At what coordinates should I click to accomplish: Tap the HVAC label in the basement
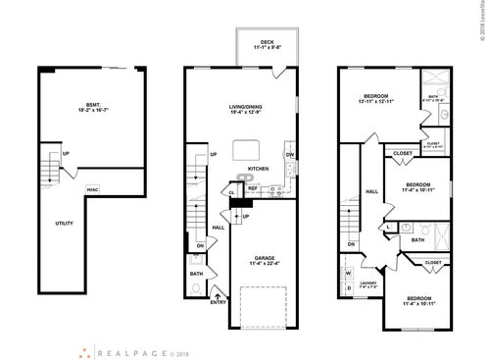coord(93,189)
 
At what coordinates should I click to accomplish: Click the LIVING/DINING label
coord(247,109)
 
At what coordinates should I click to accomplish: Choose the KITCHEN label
coord(246,168)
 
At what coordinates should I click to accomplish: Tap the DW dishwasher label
coord(290,155)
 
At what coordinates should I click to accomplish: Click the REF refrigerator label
coord(252,188)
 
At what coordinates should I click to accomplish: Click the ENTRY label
coord(218,302)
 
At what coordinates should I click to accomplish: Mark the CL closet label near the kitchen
coord(232,192)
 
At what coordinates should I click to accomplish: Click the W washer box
coord(348,273)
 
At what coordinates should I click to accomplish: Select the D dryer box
coord(348,288)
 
